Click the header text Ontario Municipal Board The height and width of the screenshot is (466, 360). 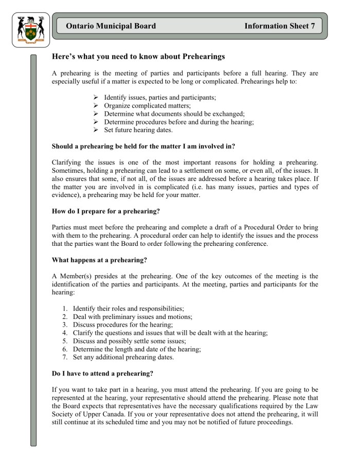click(x=111, y=26)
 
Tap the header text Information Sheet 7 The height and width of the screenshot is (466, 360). click(x=279, y=26)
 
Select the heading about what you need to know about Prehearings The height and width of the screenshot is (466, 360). click(x=139, y=56)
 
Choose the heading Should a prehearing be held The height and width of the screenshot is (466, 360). click(x=143, y=147)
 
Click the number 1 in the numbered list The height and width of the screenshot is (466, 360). click(x=65, y=308)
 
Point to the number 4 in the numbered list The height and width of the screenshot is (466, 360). click(x=65, y=333)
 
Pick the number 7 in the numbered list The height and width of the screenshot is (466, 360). click(x=65, y=357)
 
